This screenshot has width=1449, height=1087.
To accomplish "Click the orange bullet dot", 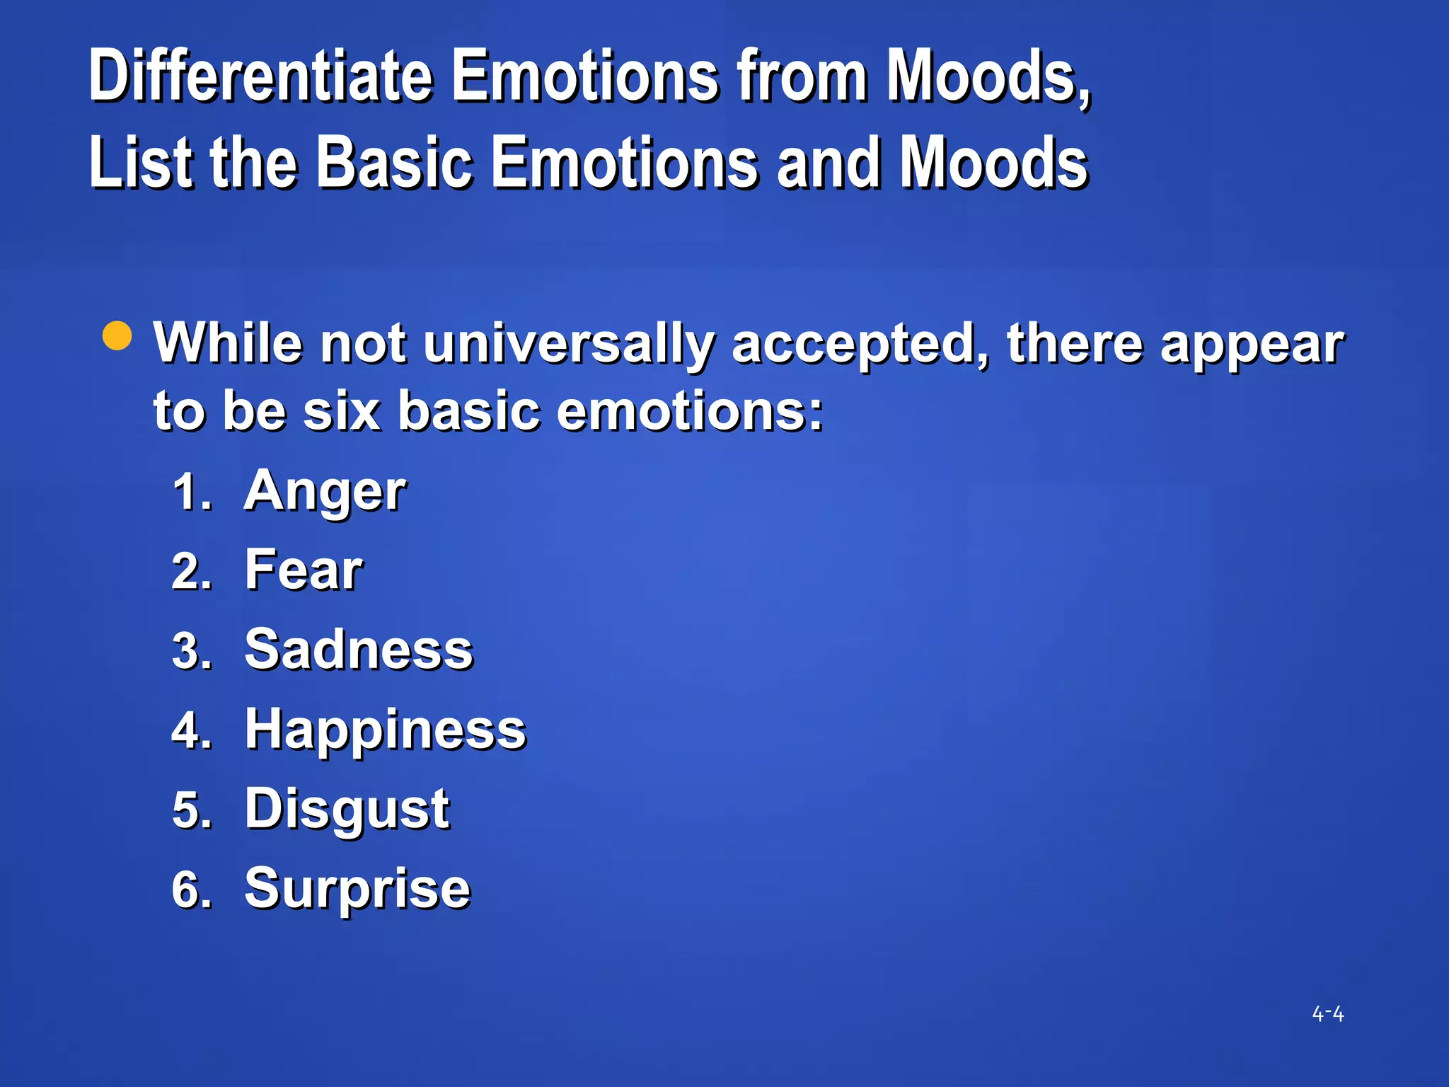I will [x=117, y=335].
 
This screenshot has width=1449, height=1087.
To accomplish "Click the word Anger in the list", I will [x=325, y=492].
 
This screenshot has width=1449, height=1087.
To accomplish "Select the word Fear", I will [x=304, y=570].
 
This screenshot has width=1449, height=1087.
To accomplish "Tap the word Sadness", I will [x=359, y=650].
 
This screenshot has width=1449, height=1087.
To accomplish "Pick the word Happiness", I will [x=386, y=730].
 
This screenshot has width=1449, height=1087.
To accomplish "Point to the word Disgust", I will [x=347, y=809].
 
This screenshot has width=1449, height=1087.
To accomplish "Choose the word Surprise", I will [x=357, y=889].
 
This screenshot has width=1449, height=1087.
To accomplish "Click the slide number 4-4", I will [x=1328, y=1014].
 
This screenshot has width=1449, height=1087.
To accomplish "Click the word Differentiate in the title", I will [x=261, y=76].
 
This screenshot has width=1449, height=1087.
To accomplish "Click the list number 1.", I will [x=191, y=493].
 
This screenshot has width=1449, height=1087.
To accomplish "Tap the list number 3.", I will [x=191, y=651].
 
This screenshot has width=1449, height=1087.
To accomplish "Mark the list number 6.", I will [x=191, y=890].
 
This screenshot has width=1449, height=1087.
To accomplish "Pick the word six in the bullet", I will [x=342, y=410].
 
